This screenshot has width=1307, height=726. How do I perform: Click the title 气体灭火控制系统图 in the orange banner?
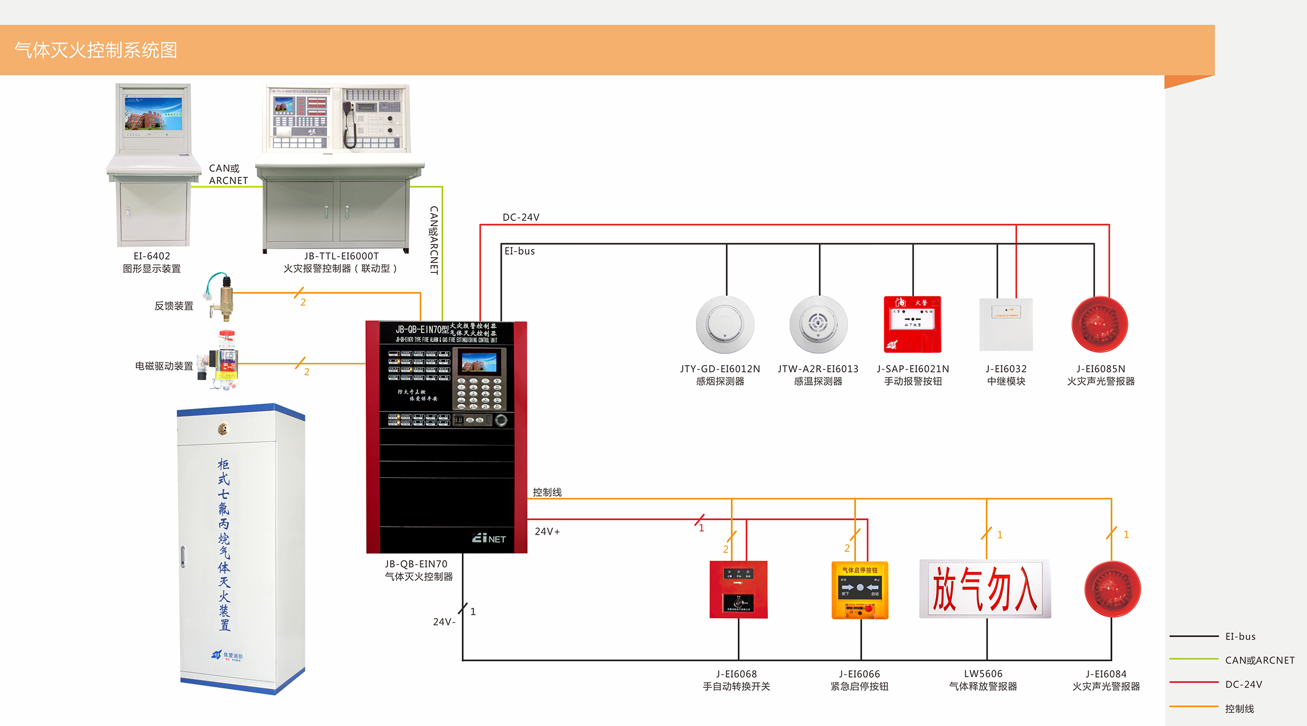point(96,50)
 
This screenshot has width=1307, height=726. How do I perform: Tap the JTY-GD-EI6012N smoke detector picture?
point(725,325)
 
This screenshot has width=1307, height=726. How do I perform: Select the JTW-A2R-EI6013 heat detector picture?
point(818,325)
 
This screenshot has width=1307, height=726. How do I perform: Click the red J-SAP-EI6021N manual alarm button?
point(912,325)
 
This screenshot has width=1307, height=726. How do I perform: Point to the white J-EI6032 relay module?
point(1006,325)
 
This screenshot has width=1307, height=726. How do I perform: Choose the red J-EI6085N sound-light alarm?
point(1100,325)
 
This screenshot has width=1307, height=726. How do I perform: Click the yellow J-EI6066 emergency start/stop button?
point(860,590)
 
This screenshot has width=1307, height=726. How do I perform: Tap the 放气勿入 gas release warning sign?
point(985,589)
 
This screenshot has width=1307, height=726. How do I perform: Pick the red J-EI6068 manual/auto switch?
point(738,590)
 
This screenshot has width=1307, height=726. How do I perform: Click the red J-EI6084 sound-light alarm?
point(1112,589)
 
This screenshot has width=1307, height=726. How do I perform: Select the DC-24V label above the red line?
point(521,218)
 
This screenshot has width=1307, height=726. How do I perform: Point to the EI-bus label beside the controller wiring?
point(520,251)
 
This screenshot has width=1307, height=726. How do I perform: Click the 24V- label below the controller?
point(444,622)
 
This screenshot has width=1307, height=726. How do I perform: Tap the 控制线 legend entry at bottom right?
point(1239,709)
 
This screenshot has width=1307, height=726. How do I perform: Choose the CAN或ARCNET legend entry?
point(1259,660)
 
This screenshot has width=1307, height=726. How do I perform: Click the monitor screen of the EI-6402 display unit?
point(153,114)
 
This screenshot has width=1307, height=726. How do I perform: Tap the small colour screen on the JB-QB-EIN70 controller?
point(479,362)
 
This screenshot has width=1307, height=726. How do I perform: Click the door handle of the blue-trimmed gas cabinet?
point(183,556)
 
